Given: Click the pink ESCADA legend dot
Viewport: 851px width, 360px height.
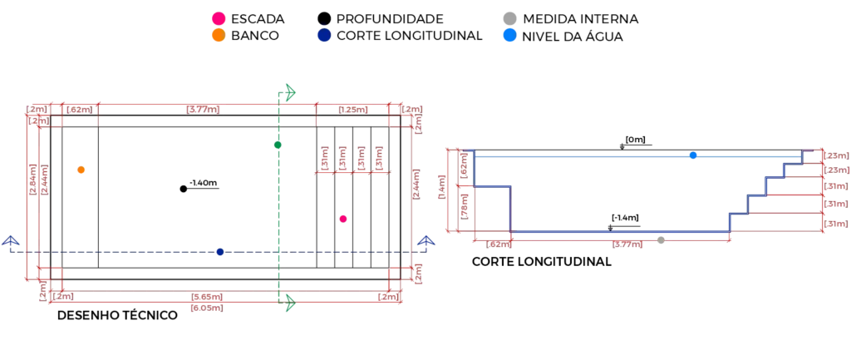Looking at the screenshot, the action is coord(219,19).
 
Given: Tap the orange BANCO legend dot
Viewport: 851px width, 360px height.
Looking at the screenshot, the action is coord(219,36).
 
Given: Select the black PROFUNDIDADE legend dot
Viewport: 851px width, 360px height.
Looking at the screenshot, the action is coord(324,19).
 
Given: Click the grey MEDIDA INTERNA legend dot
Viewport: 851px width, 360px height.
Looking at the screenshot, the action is coord(509,19).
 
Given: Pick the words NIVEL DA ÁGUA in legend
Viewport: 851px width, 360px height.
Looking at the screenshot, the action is coord(572,37).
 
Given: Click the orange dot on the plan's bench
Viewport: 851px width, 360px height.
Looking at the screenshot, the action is coord(81,170).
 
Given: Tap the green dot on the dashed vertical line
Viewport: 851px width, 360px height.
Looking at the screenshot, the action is coord(278,145).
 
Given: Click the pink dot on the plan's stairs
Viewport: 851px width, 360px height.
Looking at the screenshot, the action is coord(343,219).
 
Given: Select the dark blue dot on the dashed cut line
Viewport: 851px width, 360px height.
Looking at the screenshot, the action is coord(219,252).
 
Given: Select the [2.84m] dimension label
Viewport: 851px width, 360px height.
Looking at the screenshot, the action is coord(32,173).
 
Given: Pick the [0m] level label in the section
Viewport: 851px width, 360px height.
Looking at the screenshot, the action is coord(635,140).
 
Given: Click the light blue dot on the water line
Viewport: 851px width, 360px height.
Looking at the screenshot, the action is coord(693,155).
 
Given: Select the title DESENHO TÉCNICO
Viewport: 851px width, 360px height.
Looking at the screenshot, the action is coord(118,315).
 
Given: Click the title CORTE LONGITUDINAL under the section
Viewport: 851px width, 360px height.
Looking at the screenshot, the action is coord(542,262).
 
